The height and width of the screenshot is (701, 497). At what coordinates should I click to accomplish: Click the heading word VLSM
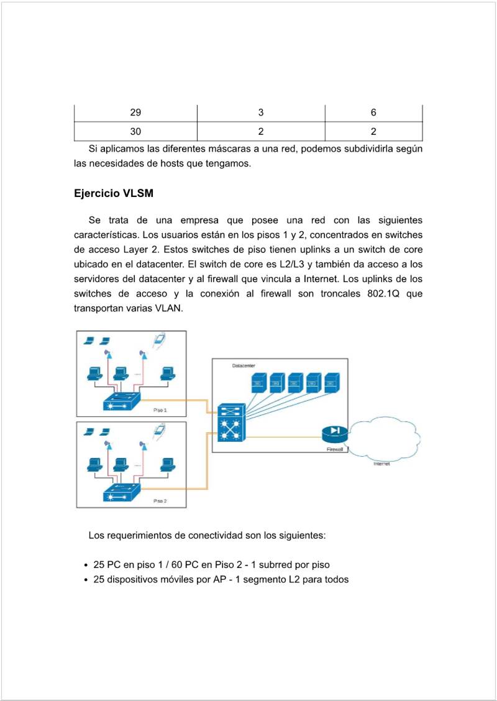pyautogui.click(x=139, y=193)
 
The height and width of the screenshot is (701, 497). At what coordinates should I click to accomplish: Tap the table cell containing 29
pyautogui.click(x=135, y=112)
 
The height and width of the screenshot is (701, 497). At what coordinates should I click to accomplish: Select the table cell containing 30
pyautogui.click(x=135, y=131)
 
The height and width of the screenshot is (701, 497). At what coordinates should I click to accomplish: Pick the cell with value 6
pyautogui.click(x=373, y=112)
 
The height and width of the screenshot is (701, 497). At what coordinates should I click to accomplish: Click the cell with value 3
pyautogui.click(x=261, y=112)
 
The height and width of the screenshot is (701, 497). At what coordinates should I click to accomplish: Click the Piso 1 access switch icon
pyautogui.click(x=122, y=401)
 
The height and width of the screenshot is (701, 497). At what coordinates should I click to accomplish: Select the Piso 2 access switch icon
pyautogui.click(x=122, y=493)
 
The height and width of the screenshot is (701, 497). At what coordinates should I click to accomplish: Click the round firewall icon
pyautogui.click(x=335, y=433)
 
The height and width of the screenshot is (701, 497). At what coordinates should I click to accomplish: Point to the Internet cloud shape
pyautogui.click(x=385, y=438)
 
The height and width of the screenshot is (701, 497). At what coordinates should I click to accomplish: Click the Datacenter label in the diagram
pyautogui.click(x=244, y=366)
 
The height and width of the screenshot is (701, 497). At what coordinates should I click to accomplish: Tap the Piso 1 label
pyautogui.click(x=160, y=410)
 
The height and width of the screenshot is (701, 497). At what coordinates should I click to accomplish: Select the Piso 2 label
pyautogui.click(x=160, y=500)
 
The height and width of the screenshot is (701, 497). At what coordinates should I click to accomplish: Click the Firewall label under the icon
pyautogui.click(x=335, y=449)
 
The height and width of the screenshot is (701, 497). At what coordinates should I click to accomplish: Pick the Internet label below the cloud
pyautogui.click(x=381, y=464)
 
